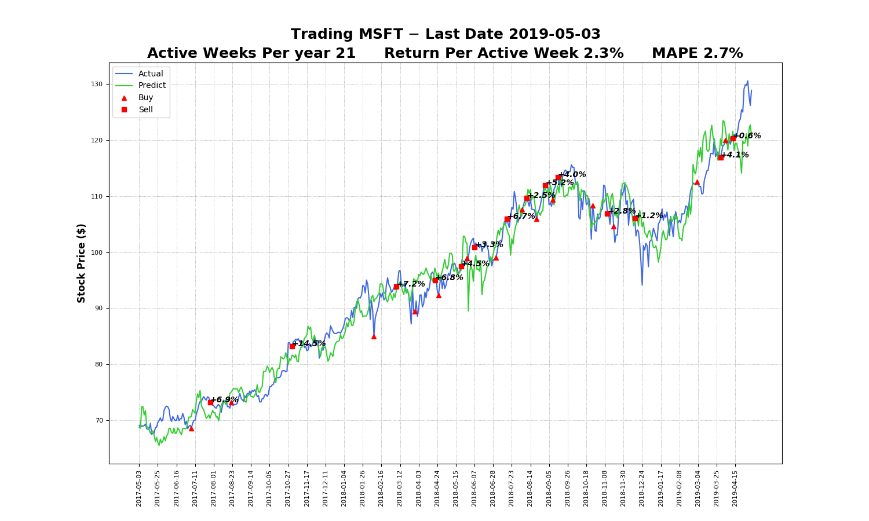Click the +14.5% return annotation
click(309, 344)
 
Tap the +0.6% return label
click(747, 136)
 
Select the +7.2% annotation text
click(411, 284)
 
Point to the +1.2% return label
click(649, 216)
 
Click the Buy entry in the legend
click(145, 98)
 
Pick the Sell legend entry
click(145, 110)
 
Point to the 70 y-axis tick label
click(97, 421)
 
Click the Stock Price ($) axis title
click(82, 263)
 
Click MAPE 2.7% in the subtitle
click(697, 53)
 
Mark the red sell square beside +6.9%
click(211, 402)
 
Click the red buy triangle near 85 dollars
click(374, 336)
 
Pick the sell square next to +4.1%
click(721, 157)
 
